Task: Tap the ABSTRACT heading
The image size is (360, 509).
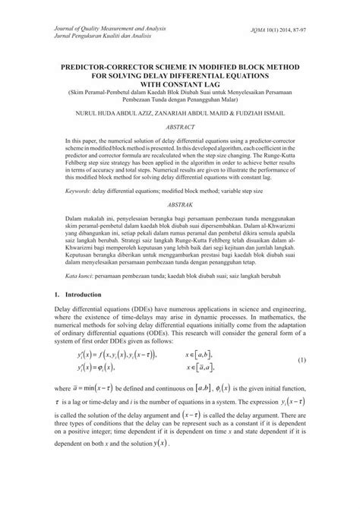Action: [180, 127]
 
